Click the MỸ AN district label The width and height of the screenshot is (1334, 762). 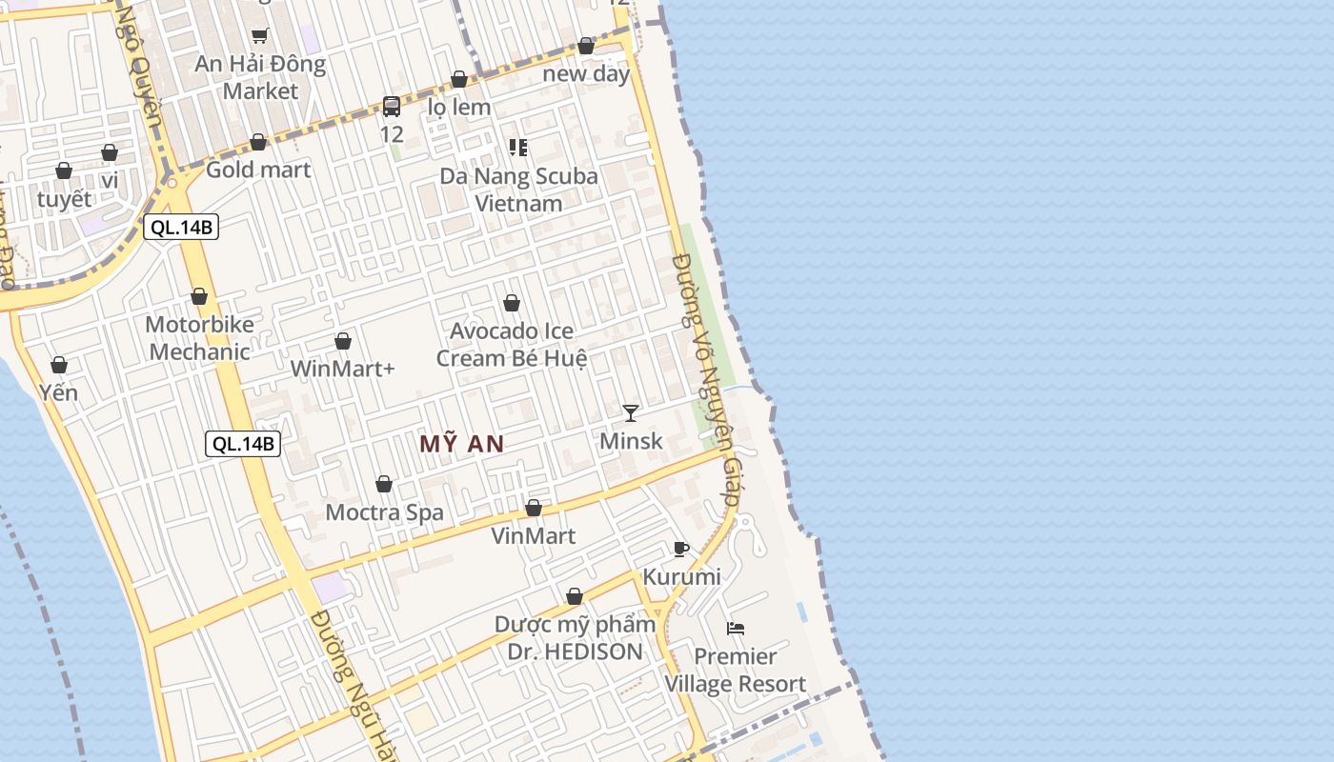click(x=462, y=444)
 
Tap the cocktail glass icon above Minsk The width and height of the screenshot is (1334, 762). click(x=631, y=412)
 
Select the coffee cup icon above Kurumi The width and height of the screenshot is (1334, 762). click(x=680, y=549)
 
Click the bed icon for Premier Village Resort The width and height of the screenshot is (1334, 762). click(x=736, y=629)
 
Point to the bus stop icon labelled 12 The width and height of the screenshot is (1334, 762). click(x=392, y=106)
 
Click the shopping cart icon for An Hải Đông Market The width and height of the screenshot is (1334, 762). click(x=260, y=36)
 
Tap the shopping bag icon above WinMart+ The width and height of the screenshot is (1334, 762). click(x=343, y=341)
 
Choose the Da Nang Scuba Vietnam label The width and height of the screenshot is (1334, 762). click(x=518, y=190)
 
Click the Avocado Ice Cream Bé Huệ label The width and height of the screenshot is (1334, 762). click(x=512, y=345)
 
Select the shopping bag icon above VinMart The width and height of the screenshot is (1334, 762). click(x=534, y=508)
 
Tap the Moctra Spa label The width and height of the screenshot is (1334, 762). click(x=384, y=512)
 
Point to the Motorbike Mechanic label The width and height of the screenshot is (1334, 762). click(x=199, y=338)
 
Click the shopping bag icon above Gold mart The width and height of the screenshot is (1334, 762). click(x=258, y=142)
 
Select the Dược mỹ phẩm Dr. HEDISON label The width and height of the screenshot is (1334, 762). click(x=575, y=638)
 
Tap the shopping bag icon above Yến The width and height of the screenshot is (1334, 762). click(x=59, y=365)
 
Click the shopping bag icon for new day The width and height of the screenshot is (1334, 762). click(x=586, y=46)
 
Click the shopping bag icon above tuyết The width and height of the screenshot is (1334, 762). click(x=64, y=170)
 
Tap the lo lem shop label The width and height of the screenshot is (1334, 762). click(x=459, y=107)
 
